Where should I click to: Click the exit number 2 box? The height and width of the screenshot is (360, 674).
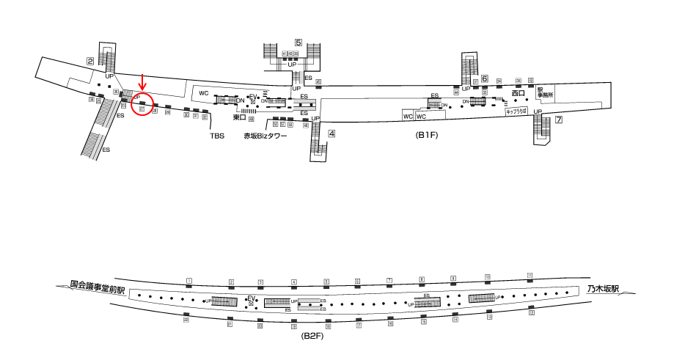(90, 62)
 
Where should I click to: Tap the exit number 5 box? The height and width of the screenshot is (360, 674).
(298, 43)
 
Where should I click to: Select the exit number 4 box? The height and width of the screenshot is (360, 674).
(331, 133)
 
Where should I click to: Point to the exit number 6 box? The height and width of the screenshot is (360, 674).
(485, 78)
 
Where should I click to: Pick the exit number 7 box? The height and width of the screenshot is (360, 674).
(559, 120)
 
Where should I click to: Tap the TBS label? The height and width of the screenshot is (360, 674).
(217, 136)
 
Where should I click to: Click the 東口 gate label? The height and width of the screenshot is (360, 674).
(238, 117)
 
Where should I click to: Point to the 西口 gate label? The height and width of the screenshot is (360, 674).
(519, 93)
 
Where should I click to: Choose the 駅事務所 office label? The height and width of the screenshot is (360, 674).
(543, 92)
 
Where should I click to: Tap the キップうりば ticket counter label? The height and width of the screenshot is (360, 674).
(517, 112)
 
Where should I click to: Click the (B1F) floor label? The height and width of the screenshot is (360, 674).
(428, 136)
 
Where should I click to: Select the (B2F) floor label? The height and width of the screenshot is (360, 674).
(313, 335)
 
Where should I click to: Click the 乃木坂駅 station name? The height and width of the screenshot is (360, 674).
(603, 290)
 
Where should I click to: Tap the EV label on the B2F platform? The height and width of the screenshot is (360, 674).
(252, 298)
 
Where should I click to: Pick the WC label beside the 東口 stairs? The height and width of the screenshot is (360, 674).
(205, 93)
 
